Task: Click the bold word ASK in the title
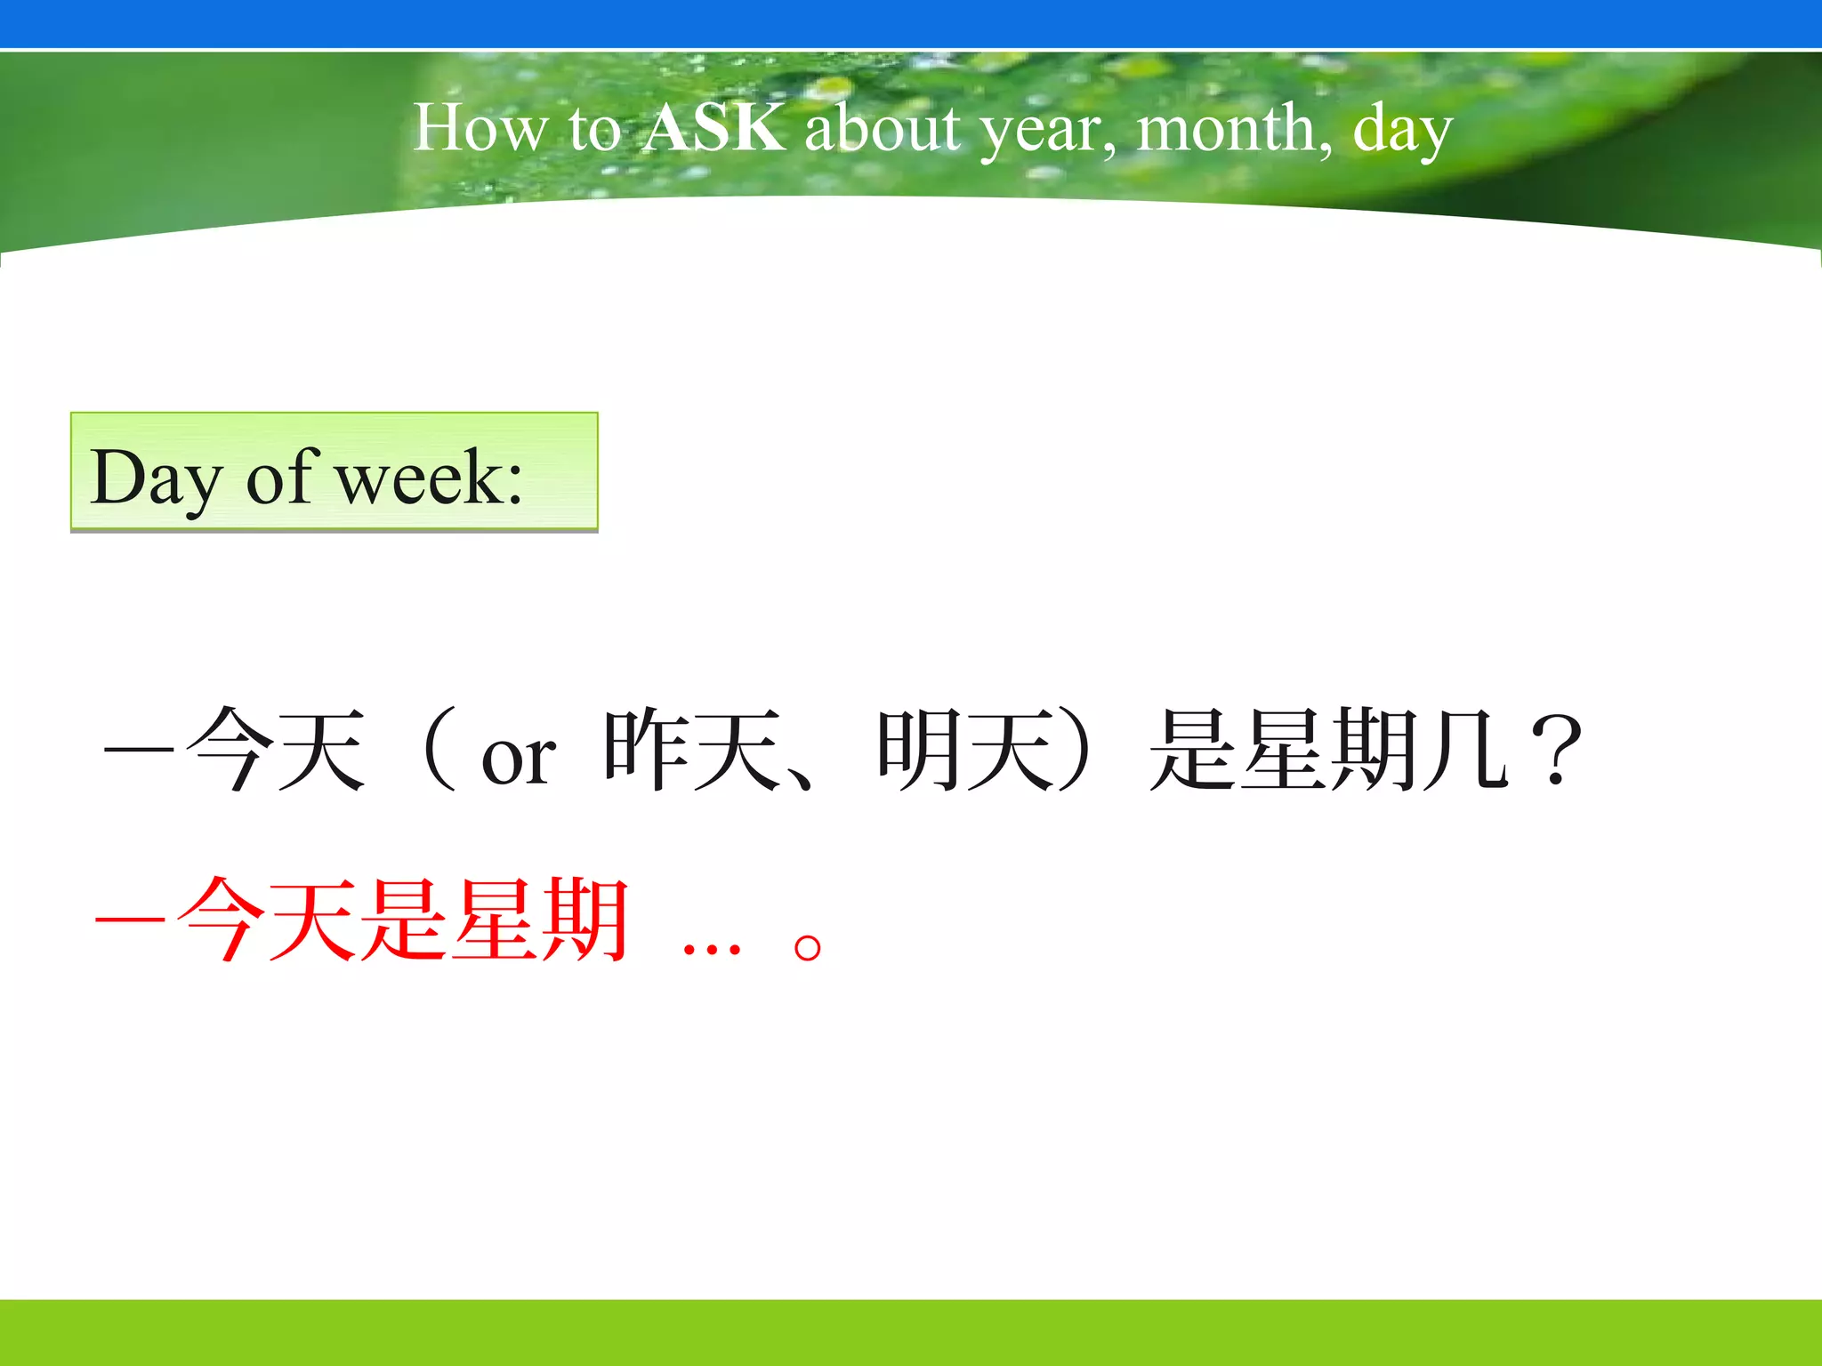click(x=715, y=128)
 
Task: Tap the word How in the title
click(x=480, y=128)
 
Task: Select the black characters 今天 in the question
click(x=276, y=750)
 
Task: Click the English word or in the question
click(x=519, y=760)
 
